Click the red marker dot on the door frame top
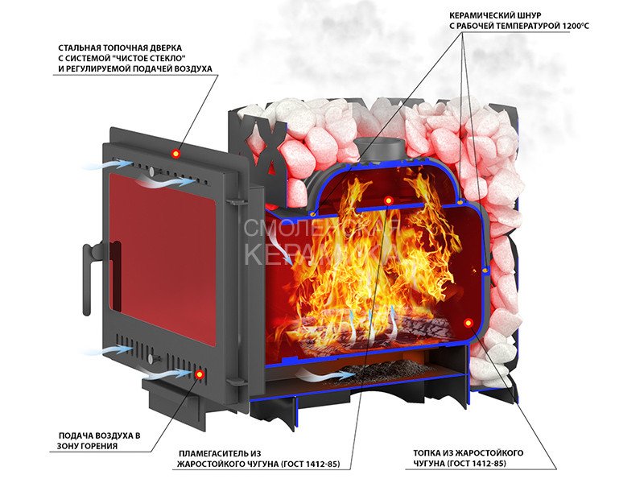[x=176, y=153]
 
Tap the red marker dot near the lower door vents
[x=200, y=374]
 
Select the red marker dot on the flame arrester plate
[x=388, y=200]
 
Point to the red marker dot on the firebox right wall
[x=468, y=322]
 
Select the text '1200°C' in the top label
[x=575, y=27]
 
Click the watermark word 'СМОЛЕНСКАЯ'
[x=323, y=228]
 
